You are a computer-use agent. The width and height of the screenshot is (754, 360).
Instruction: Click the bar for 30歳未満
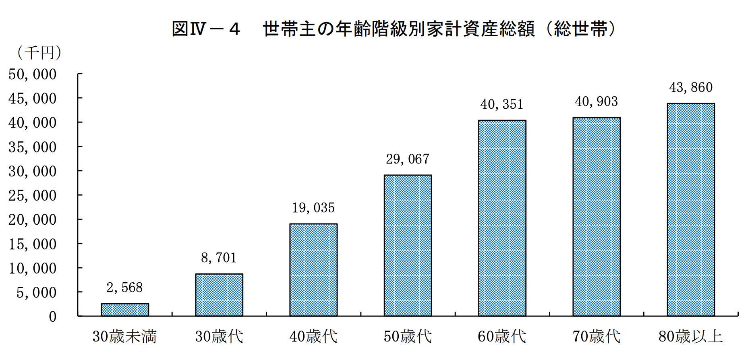125,310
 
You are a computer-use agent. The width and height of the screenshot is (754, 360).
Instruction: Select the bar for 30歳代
219,295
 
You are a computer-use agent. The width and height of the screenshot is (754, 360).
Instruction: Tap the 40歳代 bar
313,270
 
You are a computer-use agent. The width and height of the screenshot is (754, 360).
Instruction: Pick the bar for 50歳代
408,245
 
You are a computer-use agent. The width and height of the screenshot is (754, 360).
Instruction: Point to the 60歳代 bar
502,218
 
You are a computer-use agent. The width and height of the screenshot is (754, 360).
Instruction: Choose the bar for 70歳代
597,217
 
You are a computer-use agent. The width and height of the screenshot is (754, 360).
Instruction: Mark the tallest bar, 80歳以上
691,209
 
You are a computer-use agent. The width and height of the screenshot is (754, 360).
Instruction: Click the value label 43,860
691,87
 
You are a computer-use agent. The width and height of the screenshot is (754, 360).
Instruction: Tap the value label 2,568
125,288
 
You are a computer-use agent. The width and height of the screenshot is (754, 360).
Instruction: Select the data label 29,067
408,159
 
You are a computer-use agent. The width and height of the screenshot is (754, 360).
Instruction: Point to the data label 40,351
502,105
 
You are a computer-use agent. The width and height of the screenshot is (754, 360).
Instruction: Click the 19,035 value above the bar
313,208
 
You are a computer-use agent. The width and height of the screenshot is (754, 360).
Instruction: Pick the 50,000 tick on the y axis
33,74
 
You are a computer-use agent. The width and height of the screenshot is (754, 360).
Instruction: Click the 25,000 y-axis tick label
33,196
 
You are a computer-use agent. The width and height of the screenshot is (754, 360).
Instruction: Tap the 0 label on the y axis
53,317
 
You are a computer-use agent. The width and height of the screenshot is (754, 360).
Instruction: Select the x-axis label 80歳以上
691,336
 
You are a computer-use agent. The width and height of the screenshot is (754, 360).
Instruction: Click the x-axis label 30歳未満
125,336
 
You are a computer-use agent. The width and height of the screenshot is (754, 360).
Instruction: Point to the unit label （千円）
39,53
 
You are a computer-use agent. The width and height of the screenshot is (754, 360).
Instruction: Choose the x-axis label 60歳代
502,336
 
